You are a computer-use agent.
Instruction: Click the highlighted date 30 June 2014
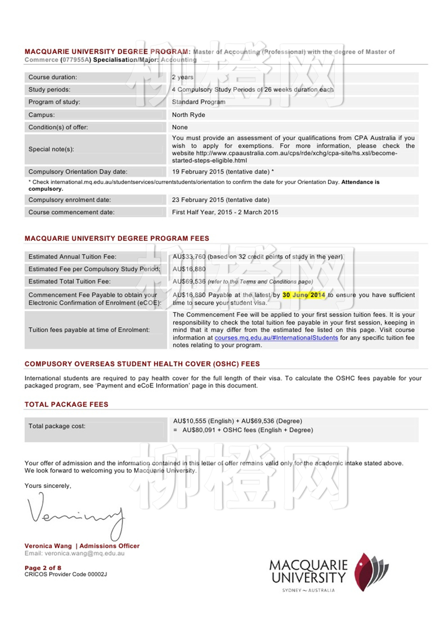[304, 295]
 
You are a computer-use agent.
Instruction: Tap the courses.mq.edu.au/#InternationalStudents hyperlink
[276, 338]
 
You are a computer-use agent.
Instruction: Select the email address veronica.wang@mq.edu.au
[84, 553]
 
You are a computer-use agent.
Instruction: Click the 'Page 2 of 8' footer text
[43, 568]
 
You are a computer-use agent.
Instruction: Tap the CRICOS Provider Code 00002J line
[65, 574]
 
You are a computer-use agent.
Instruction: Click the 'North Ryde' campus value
[188, 115]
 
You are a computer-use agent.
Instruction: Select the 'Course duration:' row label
[53, 77]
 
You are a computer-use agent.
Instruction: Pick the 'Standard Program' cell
[199, 102]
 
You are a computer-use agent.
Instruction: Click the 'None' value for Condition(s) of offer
[180, 127]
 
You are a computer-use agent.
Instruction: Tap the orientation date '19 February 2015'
[198, 172]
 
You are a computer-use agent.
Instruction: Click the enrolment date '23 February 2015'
[198, 200]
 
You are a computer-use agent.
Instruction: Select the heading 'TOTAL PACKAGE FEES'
[66, 404]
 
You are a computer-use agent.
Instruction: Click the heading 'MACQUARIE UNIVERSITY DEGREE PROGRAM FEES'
[117, 238]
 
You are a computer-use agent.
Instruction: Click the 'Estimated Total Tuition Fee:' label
[70, 282]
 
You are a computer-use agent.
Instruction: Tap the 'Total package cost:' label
[57, 426]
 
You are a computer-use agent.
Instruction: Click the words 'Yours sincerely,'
[48, 486]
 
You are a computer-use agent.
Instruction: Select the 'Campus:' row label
[42, 115]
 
